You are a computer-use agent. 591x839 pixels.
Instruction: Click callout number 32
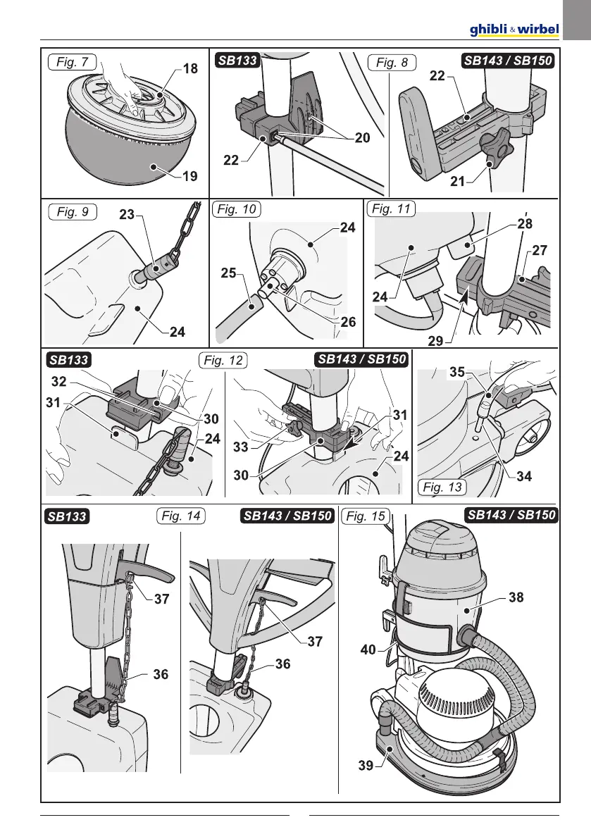(59, 381)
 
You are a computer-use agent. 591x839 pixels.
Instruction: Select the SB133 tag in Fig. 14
(68, 517)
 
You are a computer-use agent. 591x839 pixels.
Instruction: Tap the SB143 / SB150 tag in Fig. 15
(511, 515)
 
